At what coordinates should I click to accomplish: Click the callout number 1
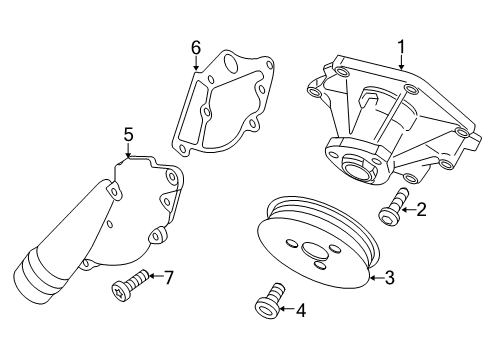401,47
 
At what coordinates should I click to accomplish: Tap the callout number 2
421,210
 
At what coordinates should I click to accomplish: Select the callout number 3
389,278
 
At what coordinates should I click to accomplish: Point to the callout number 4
301,310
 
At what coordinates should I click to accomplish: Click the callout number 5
128,135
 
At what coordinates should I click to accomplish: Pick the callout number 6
196,48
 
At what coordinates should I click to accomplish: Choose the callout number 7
169,277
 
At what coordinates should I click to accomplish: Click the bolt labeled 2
394,206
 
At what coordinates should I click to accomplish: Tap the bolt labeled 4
270,301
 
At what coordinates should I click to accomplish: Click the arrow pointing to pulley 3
376,277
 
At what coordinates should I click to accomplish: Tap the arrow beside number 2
408,210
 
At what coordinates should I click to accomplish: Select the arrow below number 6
196,63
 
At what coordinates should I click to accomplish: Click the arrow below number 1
401,63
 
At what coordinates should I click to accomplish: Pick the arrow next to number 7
156,276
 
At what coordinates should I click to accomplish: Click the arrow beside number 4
287,309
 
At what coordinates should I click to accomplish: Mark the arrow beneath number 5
128,151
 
